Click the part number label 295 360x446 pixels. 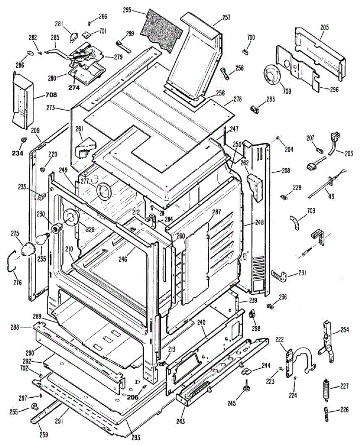(127, 10)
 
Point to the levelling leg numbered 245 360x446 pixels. (246, 388)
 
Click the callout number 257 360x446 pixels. (226, 17)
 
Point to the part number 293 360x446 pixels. (136, 437)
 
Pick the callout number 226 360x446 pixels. (344, 411)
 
